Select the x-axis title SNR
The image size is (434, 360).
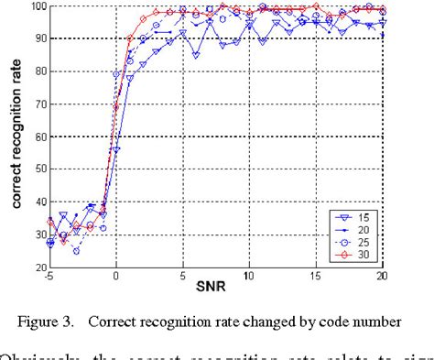(x=216, y=289)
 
